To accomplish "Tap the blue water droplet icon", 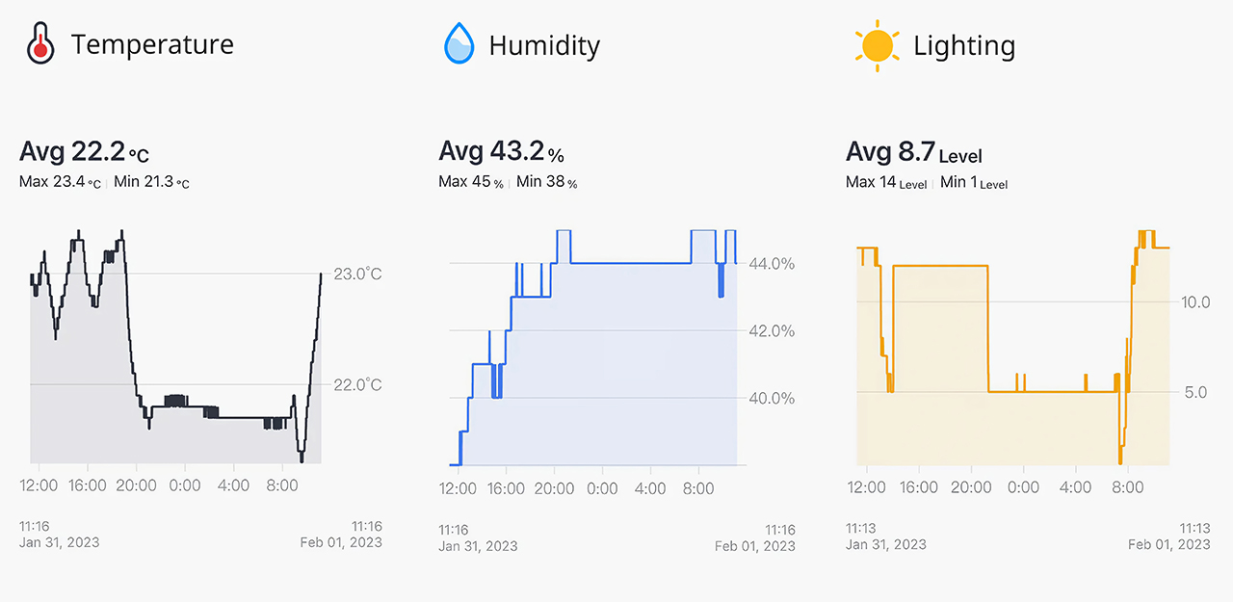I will click(459, 44).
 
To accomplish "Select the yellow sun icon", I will click(877, 45).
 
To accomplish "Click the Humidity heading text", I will click(544, 45).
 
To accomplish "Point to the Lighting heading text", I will click(963, 45).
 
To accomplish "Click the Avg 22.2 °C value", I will click(84, 152).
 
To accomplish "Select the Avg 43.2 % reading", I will click(501, 152).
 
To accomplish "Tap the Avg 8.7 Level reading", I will click(913, 152).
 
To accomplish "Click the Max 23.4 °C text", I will click(60, 182).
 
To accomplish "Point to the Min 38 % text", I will click(546, 182).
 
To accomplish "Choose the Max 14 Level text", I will click(885, 182).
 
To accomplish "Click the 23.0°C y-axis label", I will click(357, 275).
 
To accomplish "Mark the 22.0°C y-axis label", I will click(357, 385).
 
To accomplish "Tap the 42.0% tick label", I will click(772, 331).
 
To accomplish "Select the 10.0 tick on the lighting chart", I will click(1195, 302).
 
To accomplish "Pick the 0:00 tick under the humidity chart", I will click(602, 489).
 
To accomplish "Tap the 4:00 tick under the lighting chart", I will click(1075, 487).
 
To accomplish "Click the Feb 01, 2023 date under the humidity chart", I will click(755, 546).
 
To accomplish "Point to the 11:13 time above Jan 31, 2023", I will click(861, 528).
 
